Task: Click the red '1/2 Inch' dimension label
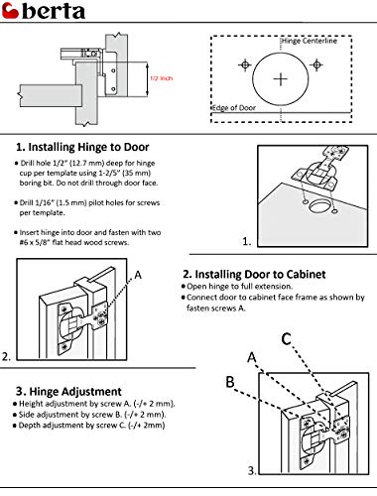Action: pos(161,78)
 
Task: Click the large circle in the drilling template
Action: pos(282,76)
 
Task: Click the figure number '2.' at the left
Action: pos(7,355)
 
